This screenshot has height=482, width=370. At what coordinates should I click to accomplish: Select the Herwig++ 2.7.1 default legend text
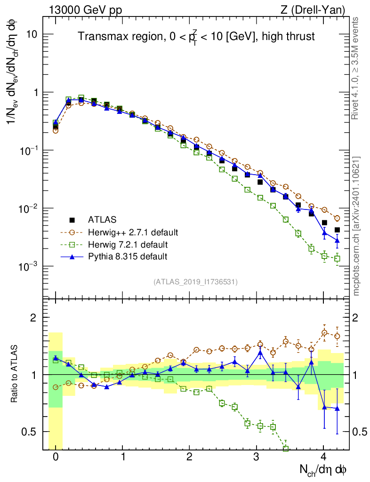coord(133,232)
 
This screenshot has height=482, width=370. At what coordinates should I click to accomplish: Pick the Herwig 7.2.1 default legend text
coord(128,244)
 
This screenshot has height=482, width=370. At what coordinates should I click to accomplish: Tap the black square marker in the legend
coord(72,220)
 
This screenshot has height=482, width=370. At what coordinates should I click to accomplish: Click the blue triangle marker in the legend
coord(72,257)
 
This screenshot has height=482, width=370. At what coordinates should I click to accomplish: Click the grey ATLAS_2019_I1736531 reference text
coord(195,282)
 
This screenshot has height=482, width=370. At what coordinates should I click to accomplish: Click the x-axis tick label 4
coord(323,457)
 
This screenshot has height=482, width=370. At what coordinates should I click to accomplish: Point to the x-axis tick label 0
coord(56,457)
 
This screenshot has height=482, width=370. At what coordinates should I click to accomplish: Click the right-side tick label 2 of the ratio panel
coord(356,318)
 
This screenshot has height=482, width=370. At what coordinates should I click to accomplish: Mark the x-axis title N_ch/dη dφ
coord(323,470)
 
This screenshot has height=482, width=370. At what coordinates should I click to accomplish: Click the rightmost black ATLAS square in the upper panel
coord(337,230)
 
